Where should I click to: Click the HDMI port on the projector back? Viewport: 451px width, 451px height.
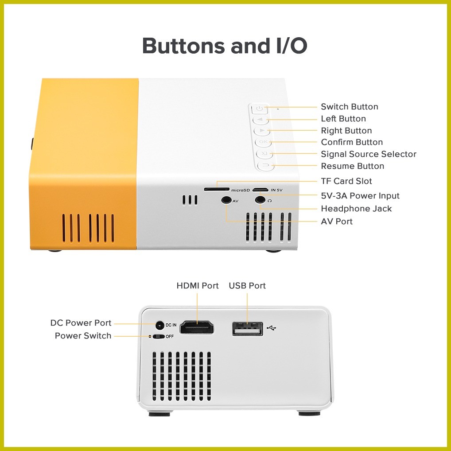pyautogui.click(x=197, y=327)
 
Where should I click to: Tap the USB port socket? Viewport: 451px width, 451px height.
pyautogui.click(x=247, y=329)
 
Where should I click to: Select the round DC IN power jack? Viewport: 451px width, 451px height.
pyautogui.click(x=159, y=325)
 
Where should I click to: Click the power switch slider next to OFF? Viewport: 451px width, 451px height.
pyautogui.click(x=158, y=337)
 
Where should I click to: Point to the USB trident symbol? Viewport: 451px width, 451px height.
pyautogui.click(x=271, y=327)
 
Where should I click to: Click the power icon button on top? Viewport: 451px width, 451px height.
pyautogui.click(x=259, y=109)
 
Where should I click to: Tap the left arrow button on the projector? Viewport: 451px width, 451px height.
pyautogui.click(x=260, y=120)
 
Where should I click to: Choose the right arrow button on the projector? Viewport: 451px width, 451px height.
pyautogui.click(x=262, y=131)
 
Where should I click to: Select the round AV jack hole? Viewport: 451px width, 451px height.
pyautogui.click(x=226, y=200)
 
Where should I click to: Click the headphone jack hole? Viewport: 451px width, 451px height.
pyautogui.click(x=260, y=200)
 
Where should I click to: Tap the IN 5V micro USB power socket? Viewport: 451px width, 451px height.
pyautogui.click(x=260, y=190)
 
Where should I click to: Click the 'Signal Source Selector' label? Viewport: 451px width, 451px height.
pyautogui.click(x=369, y=154)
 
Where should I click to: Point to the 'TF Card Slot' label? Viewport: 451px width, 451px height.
pyautogui.click(x=346, y=181)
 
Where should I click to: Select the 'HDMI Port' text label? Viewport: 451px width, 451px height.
pyautogui.click(x=198, y=286)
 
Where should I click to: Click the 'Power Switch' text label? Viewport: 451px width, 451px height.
pyautogui.click(x=83, y=336)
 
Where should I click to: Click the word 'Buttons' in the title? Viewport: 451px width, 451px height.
pyautogui.click(x=183, y=46)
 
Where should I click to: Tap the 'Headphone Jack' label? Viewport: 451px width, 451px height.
pyautogui.click(x=356, y=209)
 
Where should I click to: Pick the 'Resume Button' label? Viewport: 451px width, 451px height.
pyautogui.click(x=352, y=166)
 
